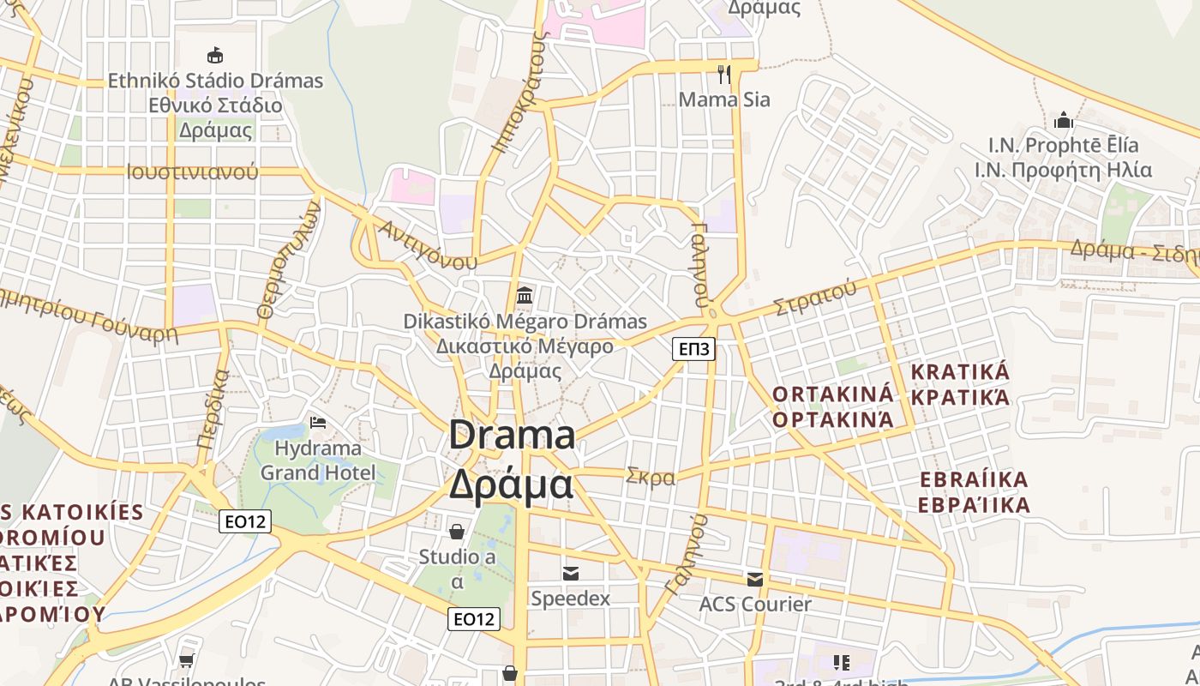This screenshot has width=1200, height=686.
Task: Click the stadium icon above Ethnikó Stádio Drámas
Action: click(x=214, y=55)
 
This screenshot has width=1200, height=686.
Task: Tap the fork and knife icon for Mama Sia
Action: click(x=724, y=75)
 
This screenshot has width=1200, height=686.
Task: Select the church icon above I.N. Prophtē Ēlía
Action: click(x=1063, y=119)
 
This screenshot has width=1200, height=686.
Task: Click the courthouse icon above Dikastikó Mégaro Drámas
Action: click(x=525, y=296)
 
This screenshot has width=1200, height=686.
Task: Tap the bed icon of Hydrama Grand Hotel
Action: click(x=318, y=422)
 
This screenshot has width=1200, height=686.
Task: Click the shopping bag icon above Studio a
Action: click(x=457, y=532)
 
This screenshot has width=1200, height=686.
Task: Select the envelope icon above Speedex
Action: click(x=570, y=573)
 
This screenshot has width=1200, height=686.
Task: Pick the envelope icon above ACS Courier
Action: click(x=754, y=579)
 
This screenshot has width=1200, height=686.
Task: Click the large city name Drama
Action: click(x=512, y=435)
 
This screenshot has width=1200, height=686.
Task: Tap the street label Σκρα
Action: click(x=651, y=477)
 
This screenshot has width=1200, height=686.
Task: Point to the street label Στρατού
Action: click(x=814, y=298)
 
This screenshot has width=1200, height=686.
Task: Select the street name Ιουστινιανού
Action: click(x=192, y=171)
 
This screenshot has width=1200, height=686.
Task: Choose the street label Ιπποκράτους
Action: click(x=520, y=90)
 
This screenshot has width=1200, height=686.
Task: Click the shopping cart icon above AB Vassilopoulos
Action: click(x=186, y=660)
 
